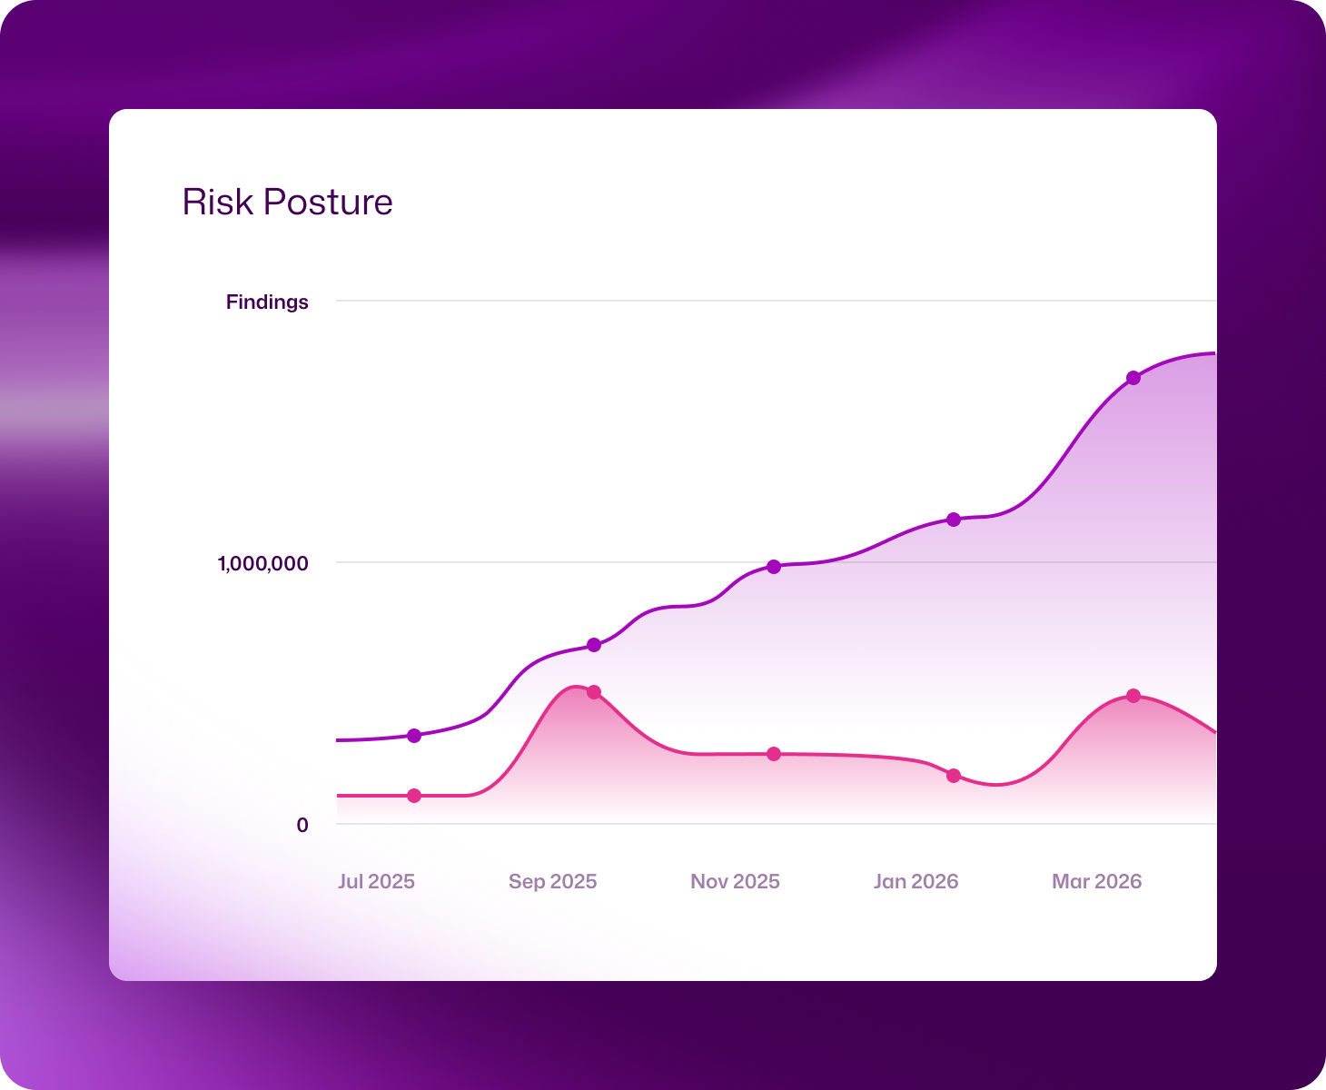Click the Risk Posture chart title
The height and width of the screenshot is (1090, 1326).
287,202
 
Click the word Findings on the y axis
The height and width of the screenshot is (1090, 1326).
267,302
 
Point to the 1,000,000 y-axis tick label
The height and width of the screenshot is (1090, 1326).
262,563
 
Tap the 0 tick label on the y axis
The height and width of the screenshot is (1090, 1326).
302,825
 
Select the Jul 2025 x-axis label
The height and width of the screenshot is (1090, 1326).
376,881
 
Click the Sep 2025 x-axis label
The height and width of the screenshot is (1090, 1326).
552,881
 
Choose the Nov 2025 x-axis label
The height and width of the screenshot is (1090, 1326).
735,881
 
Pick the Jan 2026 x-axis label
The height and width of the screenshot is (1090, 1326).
915,881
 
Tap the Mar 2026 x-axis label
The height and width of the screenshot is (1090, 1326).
1096,881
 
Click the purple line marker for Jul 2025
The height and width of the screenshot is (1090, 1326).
414,736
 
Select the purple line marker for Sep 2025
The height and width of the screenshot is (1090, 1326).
594,645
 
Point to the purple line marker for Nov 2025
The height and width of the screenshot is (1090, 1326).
774,567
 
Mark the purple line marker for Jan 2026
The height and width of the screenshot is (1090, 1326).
954,520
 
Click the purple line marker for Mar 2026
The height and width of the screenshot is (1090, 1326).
1133,378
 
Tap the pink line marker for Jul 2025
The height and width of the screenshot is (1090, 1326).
414,796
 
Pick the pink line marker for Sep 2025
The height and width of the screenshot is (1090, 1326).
594,692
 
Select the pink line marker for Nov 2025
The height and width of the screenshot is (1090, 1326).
774,754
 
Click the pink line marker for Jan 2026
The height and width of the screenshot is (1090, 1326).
954,776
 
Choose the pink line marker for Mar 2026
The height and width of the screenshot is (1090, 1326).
1133,696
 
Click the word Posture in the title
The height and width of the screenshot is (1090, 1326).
328,202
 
